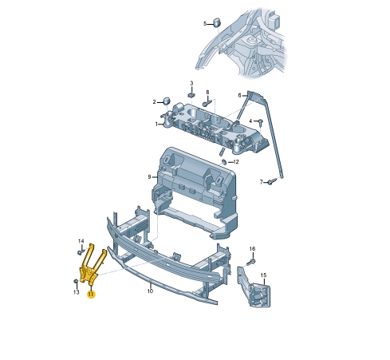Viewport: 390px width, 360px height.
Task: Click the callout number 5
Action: click(x=204, y=23)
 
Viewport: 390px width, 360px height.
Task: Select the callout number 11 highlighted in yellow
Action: click(x=91, y=295)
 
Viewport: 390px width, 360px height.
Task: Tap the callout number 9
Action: click(x=149, y=176)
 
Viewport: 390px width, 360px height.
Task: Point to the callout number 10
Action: click(x=150, y=291)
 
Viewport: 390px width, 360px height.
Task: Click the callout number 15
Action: click(x=263, y=275)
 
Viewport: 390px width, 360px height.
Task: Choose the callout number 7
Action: click(x=261, y=182)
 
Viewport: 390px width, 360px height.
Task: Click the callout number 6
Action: click(x=238, y=95)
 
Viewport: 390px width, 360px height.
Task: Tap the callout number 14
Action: click(x=81, y=241)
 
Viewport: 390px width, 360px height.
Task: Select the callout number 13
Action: click(x=77, y=292)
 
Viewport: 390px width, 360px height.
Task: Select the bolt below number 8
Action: click(x=207, y=103)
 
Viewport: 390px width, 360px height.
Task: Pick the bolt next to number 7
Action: click(x=271, y=182)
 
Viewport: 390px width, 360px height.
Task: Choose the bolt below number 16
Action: click(x=251, y=260)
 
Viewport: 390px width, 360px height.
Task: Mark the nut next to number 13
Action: click(x=76, y=282)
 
